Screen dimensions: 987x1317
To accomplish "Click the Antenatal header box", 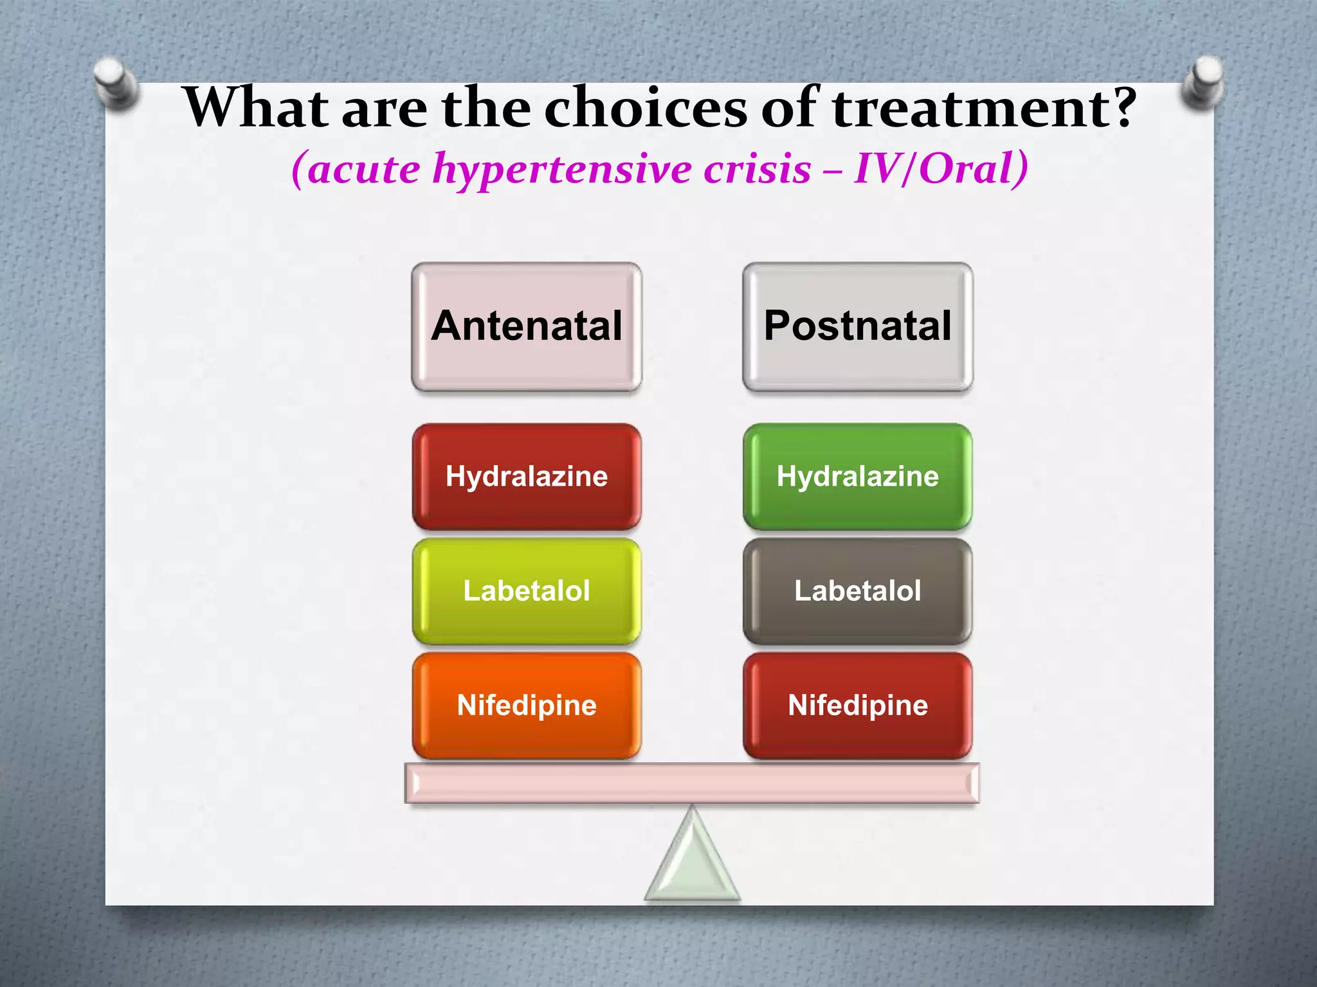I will [527, 326].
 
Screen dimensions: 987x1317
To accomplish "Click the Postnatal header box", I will [857, 326].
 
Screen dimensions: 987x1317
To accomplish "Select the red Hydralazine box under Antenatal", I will [527, 477].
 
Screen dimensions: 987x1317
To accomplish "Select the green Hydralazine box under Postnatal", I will [857, 477].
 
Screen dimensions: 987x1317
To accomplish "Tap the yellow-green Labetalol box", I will [527, 591].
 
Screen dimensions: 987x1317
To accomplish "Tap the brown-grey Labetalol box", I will [857, 591].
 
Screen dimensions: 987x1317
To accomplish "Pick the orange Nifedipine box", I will [527, 706].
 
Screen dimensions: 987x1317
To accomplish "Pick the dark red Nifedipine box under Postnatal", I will [857, 706].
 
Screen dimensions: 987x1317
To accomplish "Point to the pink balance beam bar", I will [692, 783].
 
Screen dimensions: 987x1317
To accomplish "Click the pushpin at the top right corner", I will [1203, 82].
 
